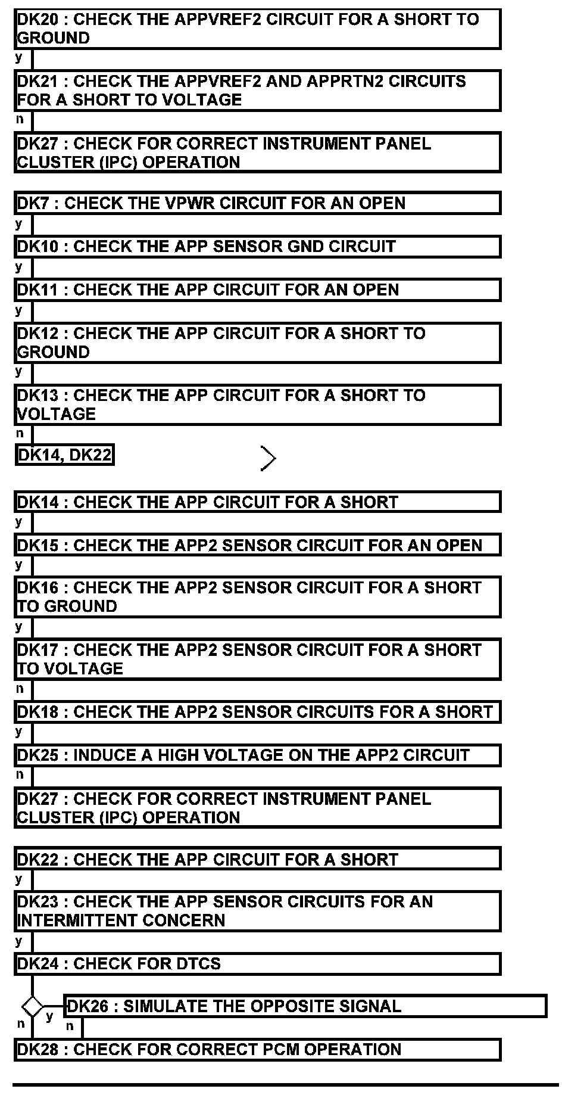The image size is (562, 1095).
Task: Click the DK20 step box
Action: click(x=257, y=29)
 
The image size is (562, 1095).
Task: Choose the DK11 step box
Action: click(x=257, y=290)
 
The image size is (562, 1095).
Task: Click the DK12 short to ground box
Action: click(x=257, y=343)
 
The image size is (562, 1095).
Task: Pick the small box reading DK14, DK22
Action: click(x=64, y=455)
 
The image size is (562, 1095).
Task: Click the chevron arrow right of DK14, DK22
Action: click(x=268, y=458)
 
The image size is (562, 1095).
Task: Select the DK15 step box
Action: click(x=257, y=546)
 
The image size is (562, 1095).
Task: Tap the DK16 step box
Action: click(x=257, y=597)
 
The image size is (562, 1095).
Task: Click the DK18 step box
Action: click(x=257, y=713)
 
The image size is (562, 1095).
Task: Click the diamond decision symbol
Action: click(x=32, y=1007)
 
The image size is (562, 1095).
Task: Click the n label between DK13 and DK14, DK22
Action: click(x=20, y=434)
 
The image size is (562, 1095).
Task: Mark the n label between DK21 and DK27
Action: click(x=20, y=120)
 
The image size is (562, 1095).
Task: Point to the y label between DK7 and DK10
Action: click(x=19, y=224)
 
